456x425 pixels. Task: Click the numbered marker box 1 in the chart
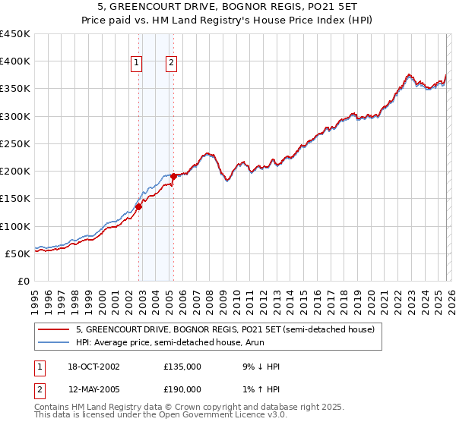pyautogui.click(x=137, y=64)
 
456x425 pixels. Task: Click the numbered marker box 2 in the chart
pyautogui.click(x=172, y=64)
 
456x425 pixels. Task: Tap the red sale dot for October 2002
pyautogui.click(x=139, y=206)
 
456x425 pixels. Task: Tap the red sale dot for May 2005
pyautogui.click(x=173, y=176)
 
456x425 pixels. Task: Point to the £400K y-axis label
pyautogui.click(x=15, y=61)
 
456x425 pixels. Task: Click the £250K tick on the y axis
pyautogui.click(x=15, y=143)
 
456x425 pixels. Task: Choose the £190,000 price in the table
pyautogui.click(x=182, y=389)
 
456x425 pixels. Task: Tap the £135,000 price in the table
pyautogui.click(x=182, y=367)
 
